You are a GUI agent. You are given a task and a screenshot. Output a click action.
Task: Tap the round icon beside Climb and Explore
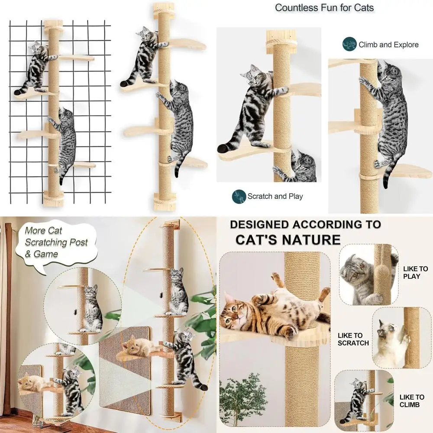[x=349, y=44]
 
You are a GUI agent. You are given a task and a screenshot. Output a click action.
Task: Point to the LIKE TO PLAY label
[x=415, y=272]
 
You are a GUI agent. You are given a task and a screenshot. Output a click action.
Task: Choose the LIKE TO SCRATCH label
[x=353, y=339]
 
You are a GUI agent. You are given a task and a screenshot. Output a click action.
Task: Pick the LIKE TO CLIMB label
[x=412, y=401]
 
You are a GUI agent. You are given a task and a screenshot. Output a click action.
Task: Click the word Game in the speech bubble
[x=46, y=254]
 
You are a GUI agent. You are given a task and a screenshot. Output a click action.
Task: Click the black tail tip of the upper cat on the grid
[x=19, y=92]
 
